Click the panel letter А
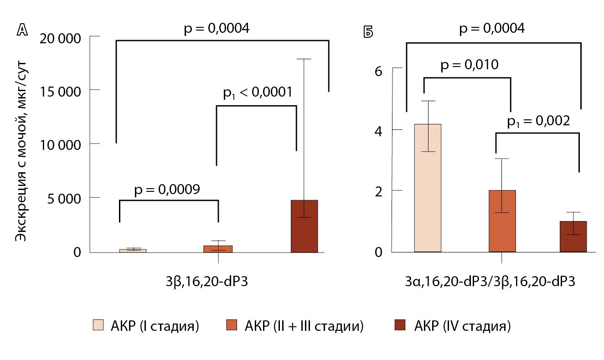[21, 30]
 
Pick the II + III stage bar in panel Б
[502, 221]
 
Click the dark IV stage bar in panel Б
[573, 237]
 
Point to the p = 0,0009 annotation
[167, 190]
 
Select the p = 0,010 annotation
[469, 66]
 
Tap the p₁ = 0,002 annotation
[538, 122]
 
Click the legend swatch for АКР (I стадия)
[98, 326]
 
